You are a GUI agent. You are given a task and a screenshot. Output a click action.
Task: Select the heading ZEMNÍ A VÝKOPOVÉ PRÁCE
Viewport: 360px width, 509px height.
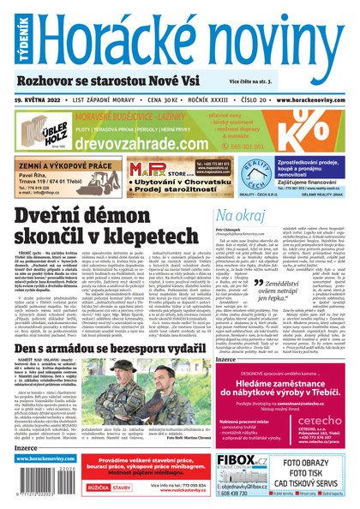56,164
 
